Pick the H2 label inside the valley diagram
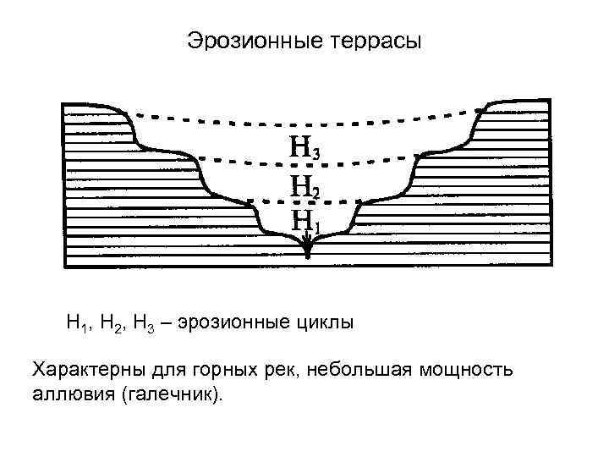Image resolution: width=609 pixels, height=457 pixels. coord(304,184)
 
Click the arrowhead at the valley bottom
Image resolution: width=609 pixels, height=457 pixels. coord(307,246)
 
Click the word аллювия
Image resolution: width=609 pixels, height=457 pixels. coord(72,394)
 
